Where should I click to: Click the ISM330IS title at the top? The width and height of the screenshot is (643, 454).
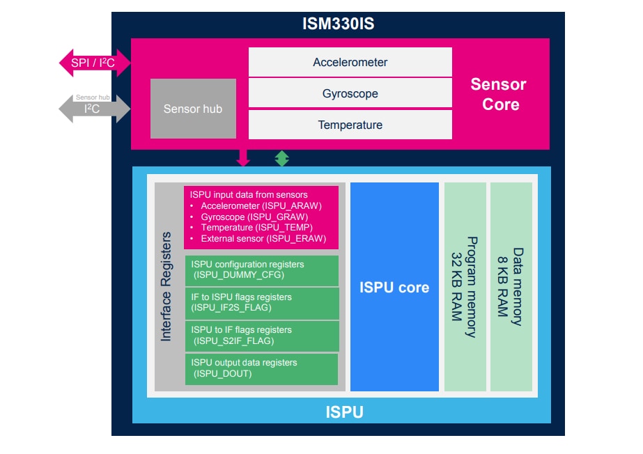click(338, 24)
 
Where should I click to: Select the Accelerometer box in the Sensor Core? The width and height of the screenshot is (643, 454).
click(350, 62)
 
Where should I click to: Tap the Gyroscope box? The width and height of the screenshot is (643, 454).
click(350, 93)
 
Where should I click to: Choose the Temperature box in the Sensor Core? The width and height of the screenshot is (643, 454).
click(350, 125)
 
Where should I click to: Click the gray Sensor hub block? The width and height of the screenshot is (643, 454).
click(193, 109)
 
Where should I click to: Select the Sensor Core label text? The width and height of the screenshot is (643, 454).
click(499, 94)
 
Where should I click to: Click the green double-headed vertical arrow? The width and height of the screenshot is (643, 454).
click(281, 158)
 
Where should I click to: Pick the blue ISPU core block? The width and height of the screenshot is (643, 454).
click(394, 287)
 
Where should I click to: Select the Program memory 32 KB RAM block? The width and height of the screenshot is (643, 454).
click(465, 287)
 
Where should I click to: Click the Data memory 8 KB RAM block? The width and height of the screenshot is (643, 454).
click(511, 287)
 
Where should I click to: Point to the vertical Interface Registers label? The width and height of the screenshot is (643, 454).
click(166, 287)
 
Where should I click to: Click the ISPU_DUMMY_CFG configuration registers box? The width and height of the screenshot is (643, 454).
click(261, 270)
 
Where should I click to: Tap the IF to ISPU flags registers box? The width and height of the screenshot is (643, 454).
click(261, 303)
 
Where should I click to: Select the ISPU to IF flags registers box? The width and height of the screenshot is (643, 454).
click(261, 336)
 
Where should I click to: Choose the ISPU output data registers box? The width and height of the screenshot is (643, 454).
click(261, 368)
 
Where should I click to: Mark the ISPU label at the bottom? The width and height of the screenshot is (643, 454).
click(344, 412)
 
